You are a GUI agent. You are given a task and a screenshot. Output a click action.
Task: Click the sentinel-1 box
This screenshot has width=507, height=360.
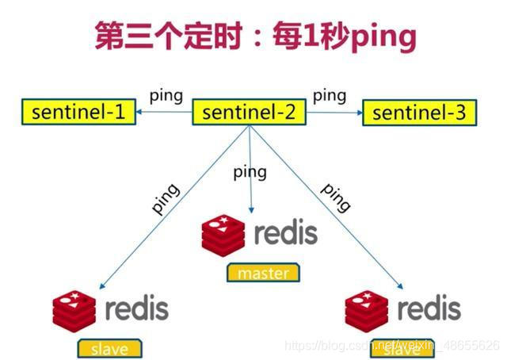point(78,113)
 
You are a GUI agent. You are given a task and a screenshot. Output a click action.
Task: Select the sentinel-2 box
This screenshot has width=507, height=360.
point(248,113)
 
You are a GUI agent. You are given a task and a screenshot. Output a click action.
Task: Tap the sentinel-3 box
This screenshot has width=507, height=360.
point(419,113)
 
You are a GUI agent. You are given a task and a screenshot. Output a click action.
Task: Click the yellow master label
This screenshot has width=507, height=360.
point(263,273)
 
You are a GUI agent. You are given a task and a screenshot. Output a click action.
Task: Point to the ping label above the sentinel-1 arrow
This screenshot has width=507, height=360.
point(166,95)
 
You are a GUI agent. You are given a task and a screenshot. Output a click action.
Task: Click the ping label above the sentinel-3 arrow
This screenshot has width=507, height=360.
point(329,95)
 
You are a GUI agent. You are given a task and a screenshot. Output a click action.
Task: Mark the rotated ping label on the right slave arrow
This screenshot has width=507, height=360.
point(335,198)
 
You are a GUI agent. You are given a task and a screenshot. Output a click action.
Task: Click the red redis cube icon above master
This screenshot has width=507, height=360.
point(224,235)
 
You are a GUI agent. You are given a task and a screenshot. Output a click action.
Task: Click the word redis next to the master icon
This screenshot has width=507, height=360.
point(285,233)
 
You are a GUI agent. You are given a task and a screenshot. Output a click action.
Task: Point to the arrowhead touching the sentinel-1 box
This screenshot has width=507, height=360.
point(138,113)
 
